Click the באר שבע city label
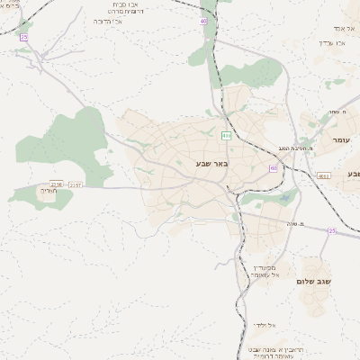(212, 163)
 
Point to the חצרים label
(48, 190)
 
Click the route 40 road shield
(203, 21)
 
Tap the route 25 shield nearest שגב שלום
(331, 231)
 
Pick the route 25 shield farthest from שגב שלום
(23, 38)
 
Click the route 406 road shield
(226, 136)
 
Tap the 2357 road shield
(76, 184)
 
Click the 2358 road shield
(58, 184)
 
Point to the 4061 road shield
(324, 176)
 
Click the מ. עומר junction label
(337, 111)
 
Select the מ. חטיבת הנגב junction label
(294, 148)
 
